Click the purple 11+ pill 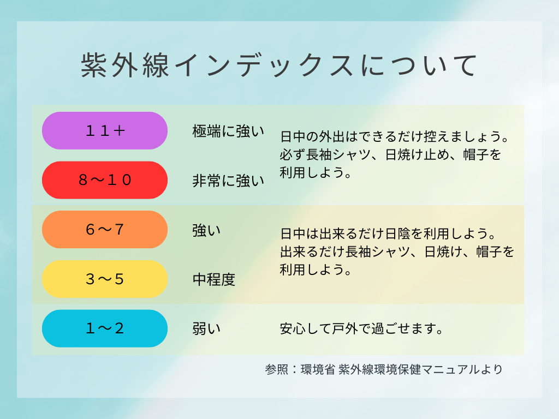pyautogui.click(x=105, y=131)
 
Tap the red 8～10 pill pyautogui.click(x=105, y=180)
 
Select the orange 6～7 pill pyautogui.click(x=105, y=230)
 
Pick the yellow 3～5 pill pyautogui.click(x=105, y=279)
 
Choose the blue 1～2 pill pyautogui.click(x=105, y=328)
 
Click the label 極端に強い pyautogui.click(x=228, y=131)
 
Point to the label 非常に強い pyautogui.click(x=228, y=181)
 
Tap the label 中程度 pyautogui.click(x=214, y=279)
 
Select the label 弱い pyautogui.click(x=207, y=328)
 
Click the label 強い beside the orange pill pyautogui.click(x=207, y=230)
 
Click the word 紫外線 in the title pyautogui.click(x=125, y=65)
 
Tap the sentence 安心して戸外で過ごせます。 pyautogui.click(x=361, y=328)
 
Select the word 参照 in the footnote pyautogui.click(x=277, y=369)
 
